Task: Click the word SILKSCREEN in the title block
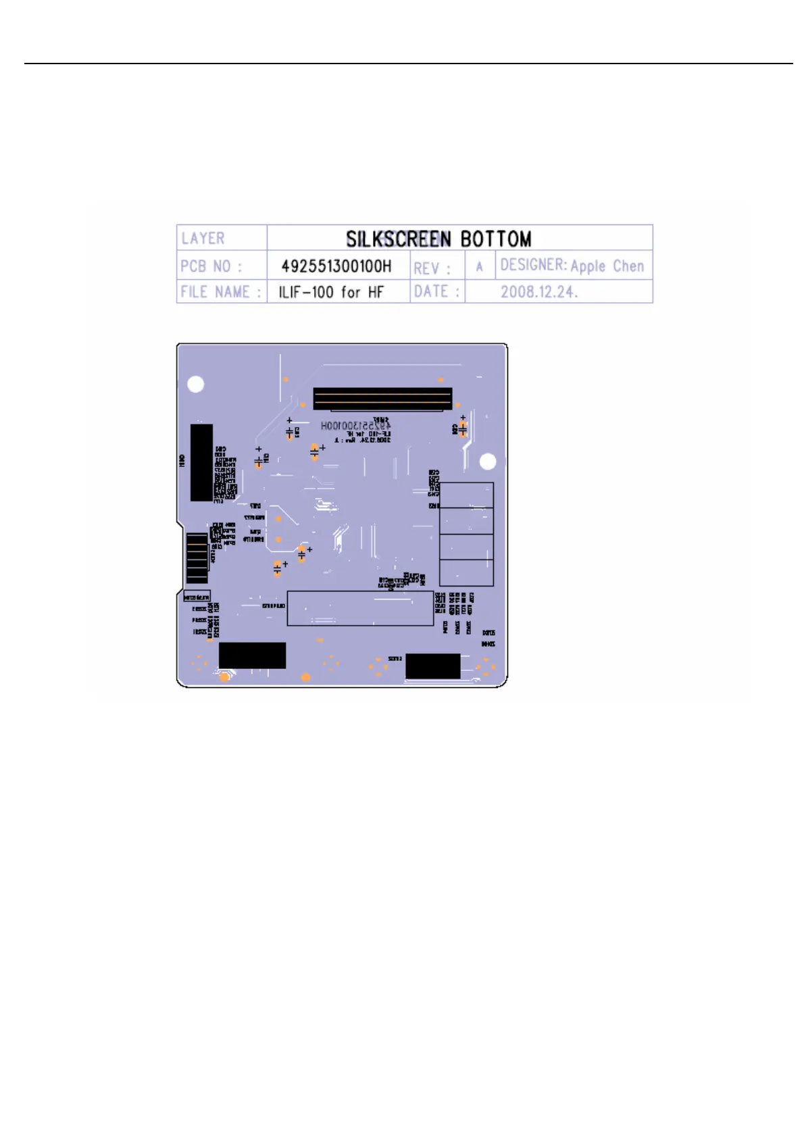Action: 398,239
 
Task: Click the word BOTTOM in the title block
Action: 495,239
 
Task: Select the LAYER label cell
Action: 203,238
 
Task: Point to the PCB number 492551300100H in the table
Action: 336,266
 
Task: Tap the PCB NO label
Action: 211,266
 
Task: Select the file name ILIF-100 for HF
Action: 331,292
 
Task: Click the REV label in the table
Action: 431,268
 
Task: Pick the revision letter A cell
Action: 480,266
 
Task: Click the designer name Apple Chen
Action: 607,266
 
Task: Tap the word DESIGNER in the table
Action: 532,265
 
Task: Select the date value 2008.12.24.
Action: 538,292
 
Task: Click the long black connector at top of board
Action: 382,399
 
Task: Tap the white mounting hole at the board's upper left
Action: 195,385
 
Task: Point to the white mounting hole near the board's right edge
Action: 488,462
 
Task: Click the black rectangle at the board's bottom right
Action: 432,666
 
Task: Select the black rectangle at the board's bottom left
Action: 252,655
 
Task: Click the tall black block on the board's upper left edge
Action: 201,462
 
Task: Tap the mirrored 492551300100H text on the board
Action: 355,426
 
